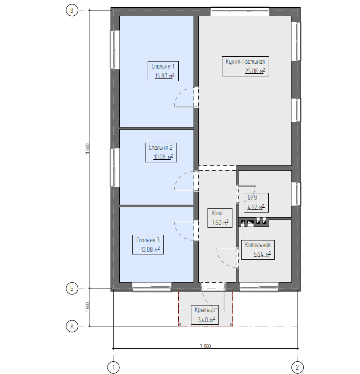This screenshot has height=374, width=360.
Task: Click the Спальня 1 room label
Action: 163,71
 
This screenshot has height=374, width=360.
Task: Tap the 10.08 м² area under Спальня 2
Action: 163,157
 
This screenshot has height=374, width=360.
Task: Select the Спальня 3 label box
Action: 148,244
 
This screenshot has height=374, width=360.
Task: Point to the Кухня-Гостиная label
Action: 246,66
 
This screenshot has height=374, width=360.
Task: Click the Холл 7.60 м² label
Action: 220,218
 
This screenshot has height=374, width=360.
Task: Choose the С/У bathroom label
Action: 256,202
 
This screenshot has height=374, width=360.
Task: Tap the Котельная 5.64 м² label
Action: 258,250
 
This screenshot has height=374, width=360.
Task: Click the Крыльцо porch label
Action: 205,315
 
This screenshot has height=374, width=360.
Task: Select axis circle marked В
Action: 72,10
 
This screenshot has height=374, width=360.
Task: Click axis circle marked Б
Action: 72,288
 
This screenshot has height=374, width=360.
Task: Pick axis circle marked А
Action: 72,326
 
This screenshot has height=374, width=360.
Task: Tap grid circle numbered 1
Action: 114,367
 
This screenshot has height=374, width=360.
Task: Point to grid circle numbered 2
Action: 298,367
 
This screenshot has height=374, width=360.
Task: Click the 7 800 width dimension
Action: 205,346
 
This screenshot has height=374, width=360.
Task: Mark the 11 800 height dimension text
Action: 87,149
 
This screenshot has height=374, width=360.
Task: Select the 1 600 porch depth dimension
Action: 87,307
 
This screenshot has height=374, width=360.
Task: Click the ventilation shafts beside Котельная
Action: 254,222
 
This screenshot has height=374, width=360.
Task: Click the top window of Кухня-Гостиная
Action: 240,11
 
